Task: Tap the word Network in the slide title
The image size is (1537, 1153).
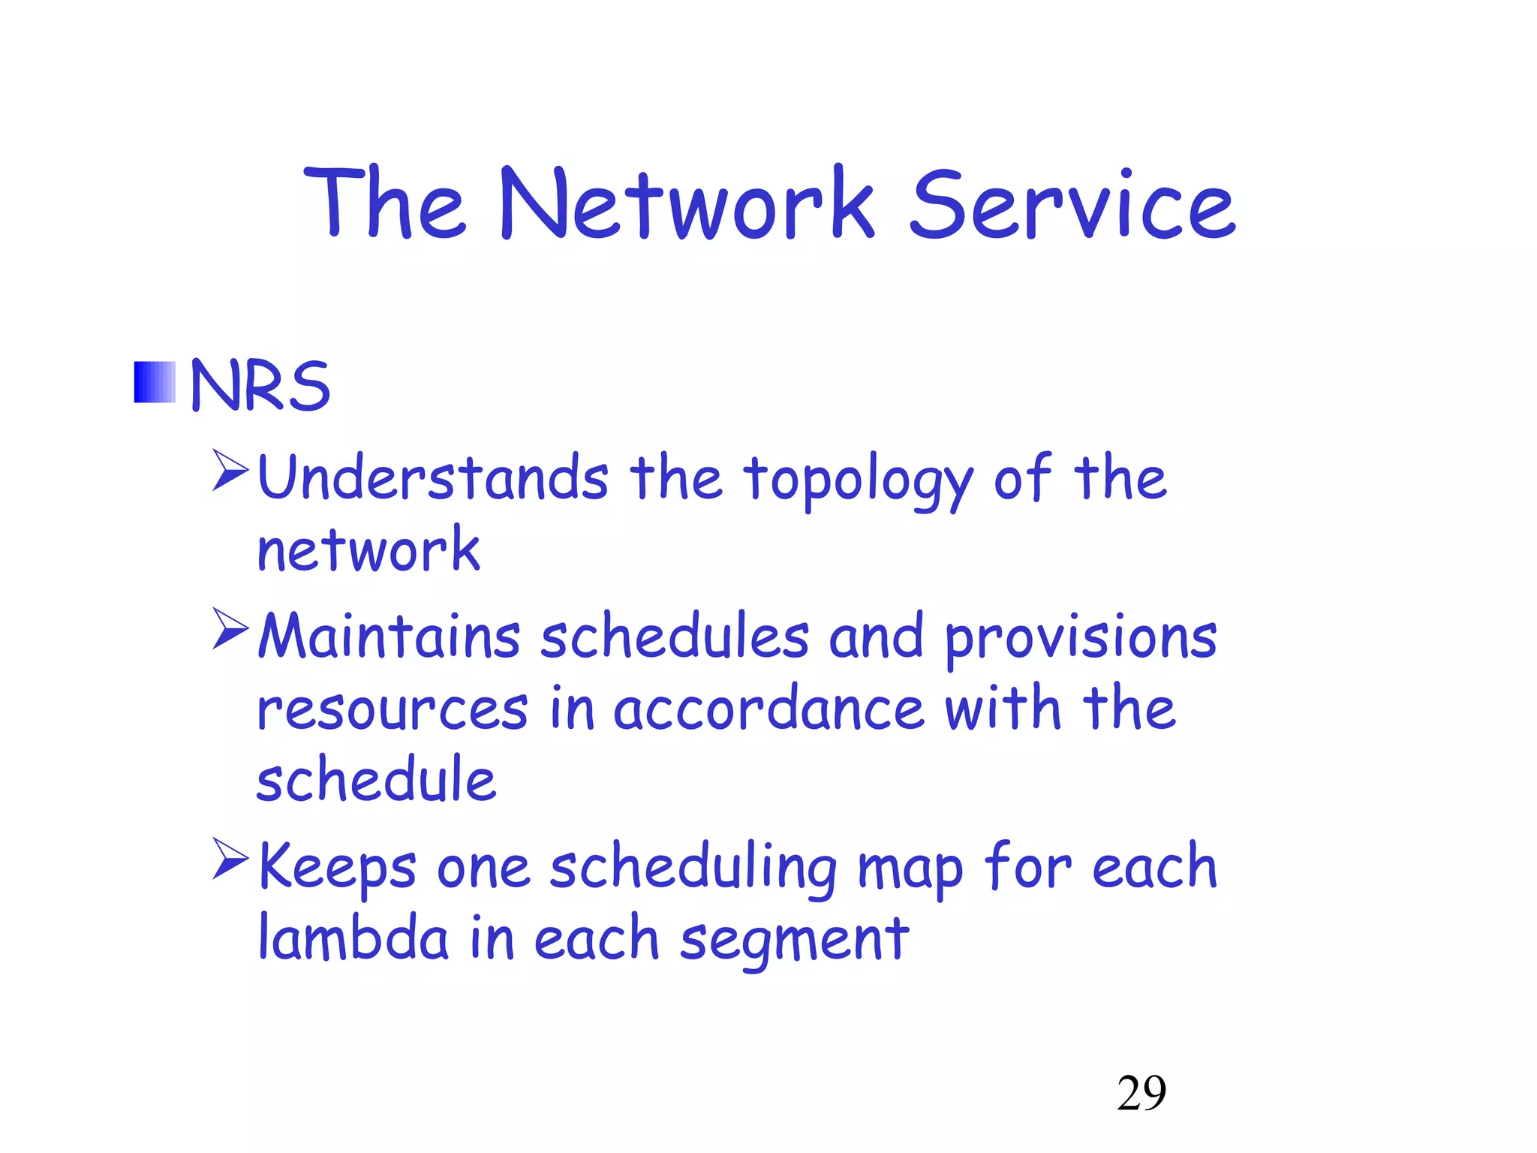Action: [x=686, y=204]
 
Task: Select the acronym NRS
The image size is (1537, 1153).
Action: [x=260, y=385]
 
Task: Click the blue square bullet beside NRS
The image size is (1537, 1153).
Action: [x=155, y=382]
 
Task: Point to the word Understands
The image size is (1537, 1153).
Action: [x=432, y=478]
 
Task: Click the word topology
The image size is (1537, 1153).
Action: [x=858, y=482]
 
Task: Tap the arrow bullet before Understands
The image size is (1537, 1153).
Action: [x=230, y=470]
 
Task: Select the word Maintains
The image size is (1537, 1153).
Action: [x=389, y=637]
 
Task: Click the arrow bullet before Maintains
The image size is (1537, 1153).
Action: [x=230, y=628]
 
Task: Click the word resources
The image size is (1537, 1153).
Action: [x=393, y=709]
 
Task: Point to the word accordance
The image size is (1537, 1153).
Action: [x=768, y=709]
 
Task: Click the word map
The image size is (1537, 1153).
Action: [x=910, y=871]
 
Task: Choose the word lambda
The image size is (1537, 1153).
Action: [x=353, y=938]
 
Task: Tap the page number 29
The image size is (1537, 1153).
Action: [x=1141, y=1093]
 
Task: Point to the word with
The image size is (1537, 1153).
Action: [x=1003, y=708]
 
